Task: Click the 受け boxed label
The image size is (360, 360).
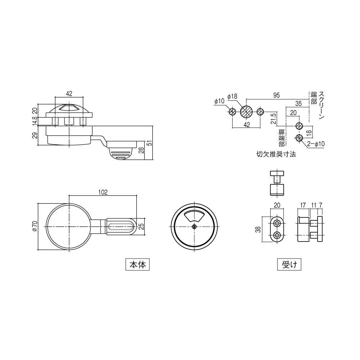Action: pos(289,265)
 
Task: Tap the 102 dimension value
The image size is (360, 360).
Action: pos(103,192)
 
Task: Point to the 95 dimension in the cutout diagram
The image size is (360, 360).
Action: pos(276,95)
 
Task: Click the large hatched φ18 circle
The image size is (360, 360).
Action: pos(247,112)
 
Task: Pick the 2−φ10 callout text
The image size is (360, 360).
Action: pos(316,144)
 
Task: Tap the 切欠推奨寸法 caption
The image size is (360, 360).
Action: pos(276,154)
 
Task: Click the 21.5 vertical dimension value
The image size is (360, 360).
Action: pos(273,119)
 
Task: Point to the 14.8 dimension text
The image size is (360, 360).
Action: pos(35,120)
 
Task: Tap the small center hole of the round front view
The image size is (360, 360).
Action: pos(194,226)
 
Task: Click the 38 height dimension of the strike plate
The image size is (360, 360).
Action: pos(258,229)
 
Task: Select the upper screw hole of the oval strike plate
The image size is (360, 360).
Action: pos(277,224)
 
